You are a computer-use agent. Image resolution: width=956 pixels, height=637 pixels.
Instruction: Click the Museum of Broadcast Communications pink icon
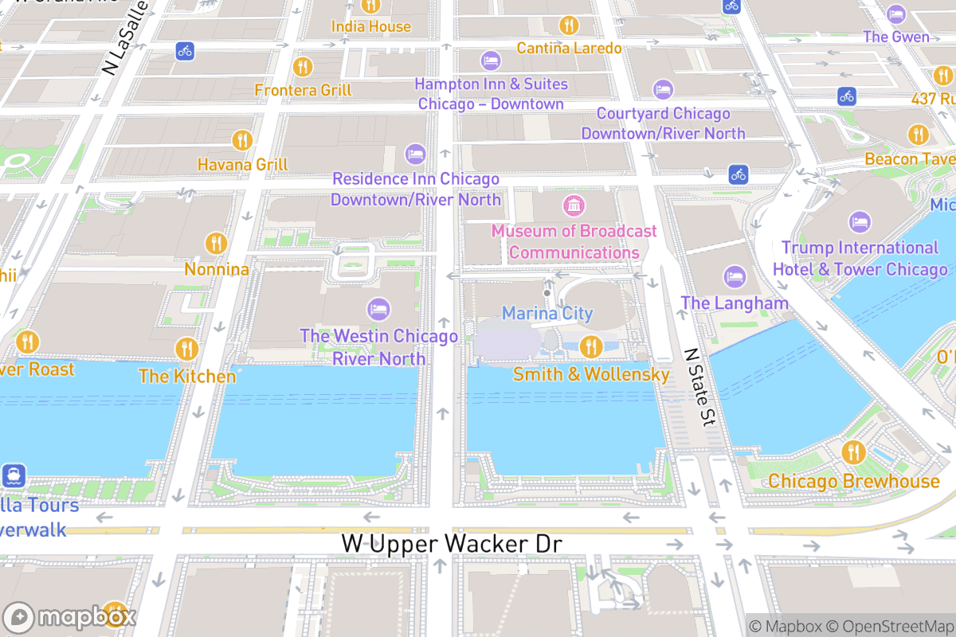click(x=573, y=206)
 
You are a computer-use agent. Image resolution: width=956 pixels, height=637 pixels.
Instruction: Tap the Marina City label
click(x=547, y=313)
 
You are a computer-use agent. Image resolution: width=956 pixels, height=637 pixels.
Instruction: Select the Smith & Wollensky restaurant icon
click(x=590, y=346)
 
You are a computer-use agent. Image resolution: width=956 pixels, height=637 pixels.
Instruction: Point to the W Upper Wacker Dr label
click(x=452, y=544)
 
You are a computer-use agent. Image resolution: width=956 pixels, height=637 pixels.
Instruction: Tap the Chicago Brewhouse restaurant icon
click(x=853, y=453)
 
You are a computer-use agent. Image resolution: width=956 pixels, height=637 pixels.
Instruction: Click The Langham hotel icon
click(x=734, y=277)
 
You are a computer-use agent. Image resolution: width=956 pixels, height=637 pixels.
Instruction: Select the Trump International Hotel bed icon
click(x=860, y=222)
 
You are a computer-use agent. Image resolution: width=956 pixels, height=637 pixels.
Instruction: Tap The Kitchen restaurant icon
click(x=186, y=349)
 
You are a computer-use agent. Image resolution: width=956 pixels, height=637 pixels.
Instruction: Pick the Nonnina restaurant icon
click(x=216, y=243)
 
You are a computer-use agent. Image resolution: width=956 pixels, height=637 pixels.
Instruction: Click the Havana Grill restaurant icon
click(x=242, y=141)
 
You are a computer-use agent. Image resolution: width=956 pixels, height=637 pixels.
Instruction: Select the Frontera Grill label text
click(x=303, y=90)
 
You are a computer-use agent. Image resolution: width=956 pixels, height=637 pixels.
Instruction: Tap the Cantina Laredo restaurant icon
click(x=569, y=25)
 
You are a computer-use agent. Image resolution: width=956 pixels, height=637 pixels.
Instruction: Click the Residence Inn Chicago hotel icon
click(x=415, y=154)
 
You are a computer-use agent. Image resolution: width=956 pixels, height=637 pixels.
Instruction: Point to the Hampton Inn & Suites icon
click(x=491, y=61)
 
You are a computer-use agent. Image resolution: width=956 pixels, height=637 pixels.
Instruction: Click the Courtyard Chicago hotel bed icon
click(x=663, y=89)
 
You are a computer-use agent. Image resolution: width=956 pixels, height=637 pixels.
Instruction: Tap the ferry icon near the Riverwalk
click(x=14, y=476)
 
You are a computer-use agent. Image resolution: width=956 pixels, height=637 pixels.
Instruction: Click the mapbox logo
click(x=70, y=617)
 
